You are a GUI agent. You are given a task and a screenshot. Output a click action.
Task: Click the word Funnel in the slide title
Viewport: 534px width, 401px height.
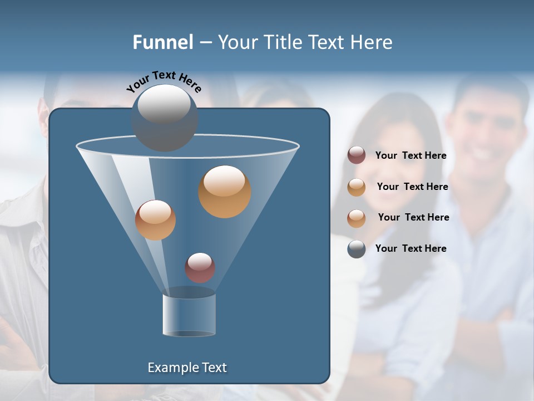pyautogui.click(x=163, y=42)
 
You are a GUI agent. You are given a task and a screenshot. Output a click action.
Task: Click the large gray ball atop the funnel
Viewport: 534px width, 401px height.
pyautogui.click(x=164, y=117)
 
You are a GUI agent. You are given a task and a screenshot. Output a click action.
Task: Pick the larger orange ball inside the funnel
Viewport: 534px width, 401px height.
pyautogui.click(x=225, y=191)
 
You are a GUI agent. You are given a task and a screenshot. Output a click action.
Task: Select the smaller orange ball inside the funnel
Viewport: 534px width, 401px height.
pyautogui.click(x=155, y=220)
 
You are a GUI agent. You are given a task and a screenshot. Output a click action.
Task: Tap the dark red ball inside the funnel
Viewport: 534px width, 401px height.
pyautogui.click(x=200, y=267)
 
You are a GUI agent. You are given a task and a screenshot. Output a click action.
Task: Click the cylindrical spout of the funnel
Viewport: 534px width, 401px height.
pyautogui.click(x=189, y=313)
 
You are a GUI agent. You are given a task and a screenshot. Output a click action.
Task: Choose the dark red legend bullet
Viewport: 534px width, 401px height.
pyautogui.click(x=357, y=155)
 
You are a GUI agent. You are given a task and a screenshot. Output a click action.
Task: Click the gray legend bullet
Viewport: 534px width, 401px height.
pyautogui.click(x=357, y=249)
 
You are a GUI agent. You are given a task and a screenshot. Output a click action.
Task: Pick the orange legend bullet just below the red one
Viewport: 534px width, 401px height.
pyautogui.click(x=357, y=187)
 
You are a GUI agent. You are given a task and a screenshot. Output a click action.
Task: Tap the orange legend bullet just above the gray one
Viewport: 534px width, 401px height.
pyautogui.click(x=357, y=218)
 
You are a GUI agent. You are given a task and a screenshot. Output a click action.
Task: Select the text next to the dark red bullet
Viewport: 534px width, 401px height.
pyautogui.click(x=411, y=155)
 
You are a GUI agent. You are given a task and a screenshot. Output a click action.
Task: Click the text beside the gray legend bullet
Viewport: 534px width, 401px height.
pyautogui.click(x=411, y=248)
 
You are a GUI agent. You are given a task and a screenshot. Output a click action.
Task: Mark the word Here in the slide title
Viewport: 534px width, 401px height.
pyautogui.click(x=373, y=42)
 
